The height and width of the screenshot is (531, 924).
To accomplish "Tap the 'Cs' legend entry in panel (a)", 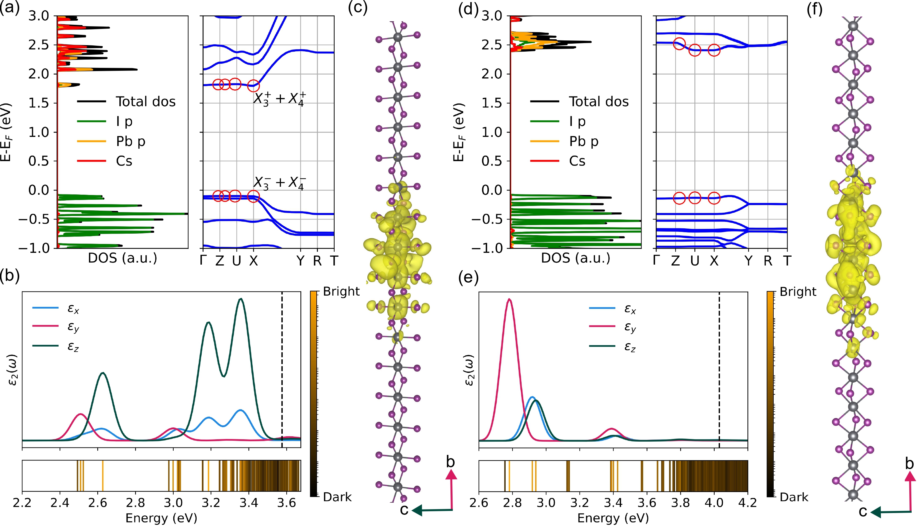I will click(x=124, y=161).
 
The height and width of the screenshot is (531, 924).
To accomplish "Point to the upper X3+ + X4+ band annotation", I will click(x=279, y=99).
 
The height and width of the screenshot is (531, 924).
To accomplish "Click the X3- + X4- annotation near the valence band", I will click(x=279, y=182).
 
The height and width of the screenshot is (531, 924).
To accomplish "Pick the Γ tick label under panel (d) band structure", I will click(x=657, y=261).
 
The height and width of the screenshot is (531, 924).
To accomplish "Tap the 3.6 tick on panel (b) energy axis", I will click(x=287, y=503).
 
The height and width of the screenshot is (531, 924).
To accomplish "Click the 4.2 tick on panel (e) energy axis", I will click(x=747, y=503).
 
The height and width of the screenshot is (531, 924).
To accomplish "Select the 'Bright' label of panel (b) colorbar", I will click(x=341, y=291).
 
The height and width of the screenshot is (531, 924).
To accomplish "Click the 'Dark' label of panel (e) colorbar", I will click(x=794, y=497).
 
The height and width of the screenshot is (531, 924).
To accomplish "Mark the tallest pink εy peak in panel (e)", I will click(x=509, y=300).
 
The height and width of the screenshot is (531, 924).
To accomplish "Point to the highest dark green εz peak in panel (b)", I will click(x=241, y=299).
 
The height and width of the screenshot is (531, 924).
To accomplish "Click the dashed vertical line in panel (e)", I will click(x=719, y=365).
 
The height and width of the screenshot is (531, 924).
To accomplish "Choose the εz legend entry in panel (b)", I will click(x=73, y=346).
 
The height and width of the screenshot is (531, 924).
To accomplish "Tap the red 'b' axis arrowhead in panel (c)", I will click(x=451, y=474).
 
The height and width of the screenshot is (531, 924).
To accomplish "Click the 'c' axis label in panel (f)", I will click(x=862, y=512).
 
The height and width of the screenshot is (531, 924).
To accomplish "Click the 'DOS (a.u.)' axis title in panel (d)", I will click(x=576, y=258).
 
